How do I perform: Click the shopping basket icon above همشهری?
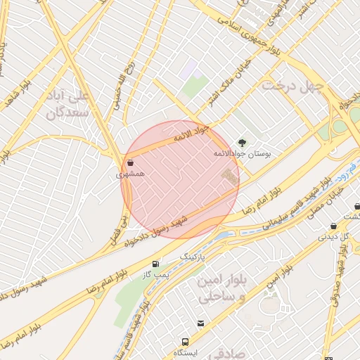(131, 162)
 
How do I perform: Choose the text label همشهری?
(130, 173)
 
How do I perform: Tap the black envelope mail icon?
(201, 323)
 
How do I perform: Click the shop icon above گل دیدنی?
(333, 226)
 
